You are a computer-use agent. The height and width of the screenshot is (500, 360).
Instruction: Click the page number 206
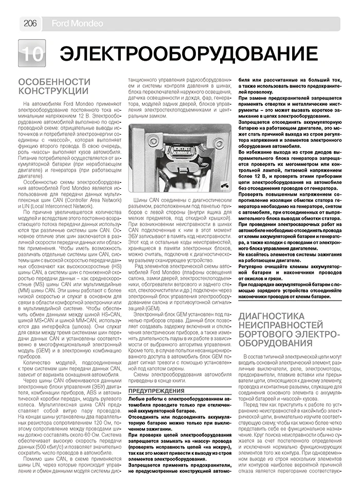click(28, 24)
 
